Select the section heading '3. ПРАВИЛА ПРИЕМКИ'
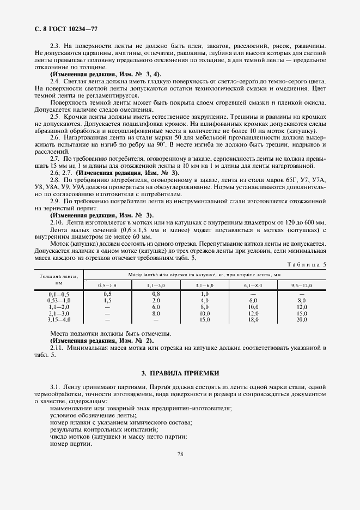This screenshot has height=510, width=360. coord(180,373)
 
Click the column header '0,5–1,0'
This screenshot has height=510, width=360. coord(107,286)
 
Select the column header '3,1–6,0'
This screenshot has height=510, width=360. coord(205,286)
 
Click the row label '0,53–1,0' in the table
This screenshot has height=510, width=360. coord(59,300)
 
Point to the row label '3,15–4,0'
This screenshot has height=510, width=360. coord(59,320)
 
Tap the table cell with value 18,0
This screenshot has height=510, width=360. coord(253,320)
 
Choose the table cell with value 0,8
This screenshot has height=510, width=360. coord(156,294)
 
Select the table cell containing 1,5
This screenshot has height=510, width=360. coord(107,300)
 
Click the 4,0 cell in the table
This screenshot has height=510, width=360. coord(205,300)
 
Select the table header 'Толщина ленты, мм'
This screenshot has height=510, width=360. coord(59,280)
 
